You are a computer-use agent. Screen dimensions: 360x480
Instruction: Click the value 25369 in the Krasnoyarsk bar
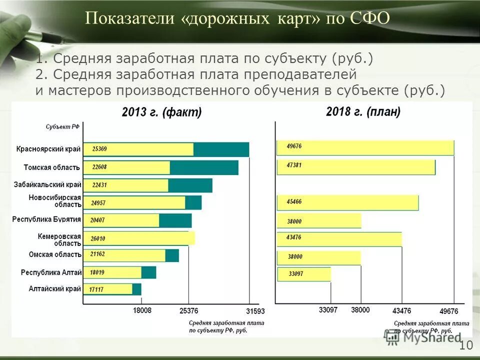[99, 148]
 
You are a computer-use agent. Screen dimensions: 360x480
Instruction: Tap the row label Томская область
[52, 167]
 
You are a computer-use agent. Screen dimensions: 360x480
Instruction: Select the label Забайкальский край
[47, 184]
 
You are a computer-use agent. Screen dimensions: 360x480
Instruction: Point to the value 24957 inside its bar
[98, 203]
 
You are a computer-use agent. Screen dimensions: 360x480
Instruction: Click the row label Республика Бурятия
[46, 219]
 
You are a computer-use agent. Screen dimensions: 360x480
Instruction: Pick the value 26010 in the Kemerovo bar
[98, 239]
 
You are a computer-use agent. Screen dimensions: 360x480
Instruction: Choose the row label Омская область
[54, 254]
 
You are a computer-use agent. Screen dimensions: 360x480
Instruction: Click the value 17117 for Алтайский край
[96, 289]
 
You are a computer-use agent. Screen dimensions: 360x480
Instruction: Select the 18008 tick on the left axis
[141, 310]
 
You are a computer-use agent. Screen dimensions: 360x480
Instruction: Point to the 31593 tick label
[255, 311]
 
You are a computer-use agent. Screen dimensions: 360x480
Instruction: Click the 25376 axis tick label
[188, 311]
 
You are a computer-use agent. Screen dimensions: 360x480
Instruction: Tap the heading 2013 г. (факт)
[161, 112]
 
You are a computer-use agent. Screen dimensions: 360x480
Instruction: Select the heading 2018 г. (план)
[363, 112]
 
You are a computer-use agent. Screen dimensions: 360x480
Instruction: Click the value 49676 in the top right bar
[294, 146]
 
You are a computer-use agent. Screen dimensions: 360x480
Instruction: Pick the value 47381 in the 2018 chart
[294, 164]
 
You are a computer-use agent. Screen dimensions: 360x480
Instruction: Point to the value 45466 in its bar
[294, 201]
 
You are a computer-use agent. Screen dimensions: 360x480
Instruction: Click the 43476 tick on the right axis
[401, 310]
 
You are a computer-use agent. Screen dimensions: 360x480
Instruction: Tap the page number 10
[465, 345]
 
